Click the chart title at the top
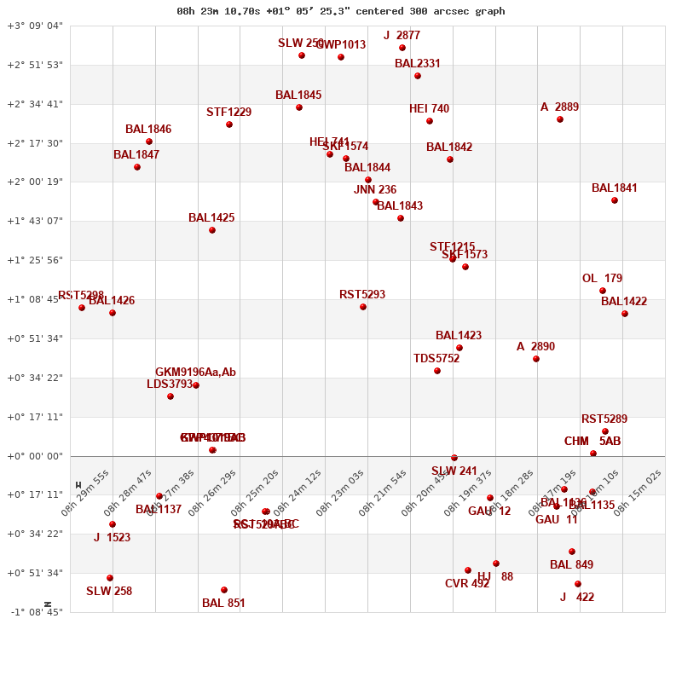[340, 11]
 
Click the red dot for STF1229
[229, 124]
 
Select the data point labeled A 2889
[560, 119]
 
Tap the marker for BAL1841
[615, 200]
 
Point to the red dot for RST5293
[363, 307]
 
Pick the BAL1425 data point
[212, 230]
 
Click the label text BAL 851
[223, 604]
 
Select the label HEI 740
[429, 109]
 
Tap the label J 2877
[402, 36]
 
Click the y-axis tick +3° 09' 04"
[35, 26]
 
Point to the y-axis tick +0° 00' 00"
[35, 456]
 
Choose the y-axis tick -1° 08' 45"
[35, 612]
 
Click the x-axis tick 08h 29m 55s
[85, 493]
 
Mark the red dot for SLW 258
[110, 578]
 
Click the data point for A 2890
[536, 359]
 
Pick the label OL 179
[602, 279]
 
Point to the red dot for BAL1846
[149, 142]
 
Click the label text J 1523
[112, 538]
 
